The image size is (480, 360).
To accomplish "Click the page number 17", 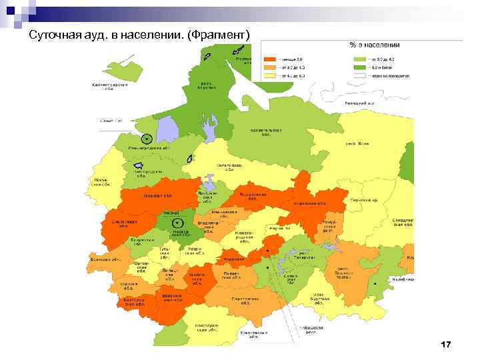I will pos(446,345).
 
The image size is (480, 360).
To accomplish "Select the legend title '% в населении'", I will pos(375,45).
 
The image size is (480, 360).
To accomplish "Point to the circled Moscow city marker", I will pos(177,223).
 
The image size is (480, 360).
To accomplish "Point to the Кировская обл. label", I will pos(311,203).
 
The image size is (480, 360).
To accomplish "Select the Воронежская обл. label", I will pos(173,298).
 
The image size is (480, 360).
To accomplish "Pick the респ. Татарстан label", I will pos(309,254).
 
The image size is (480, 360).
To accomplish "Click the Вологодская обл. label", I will pos(229,167).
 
